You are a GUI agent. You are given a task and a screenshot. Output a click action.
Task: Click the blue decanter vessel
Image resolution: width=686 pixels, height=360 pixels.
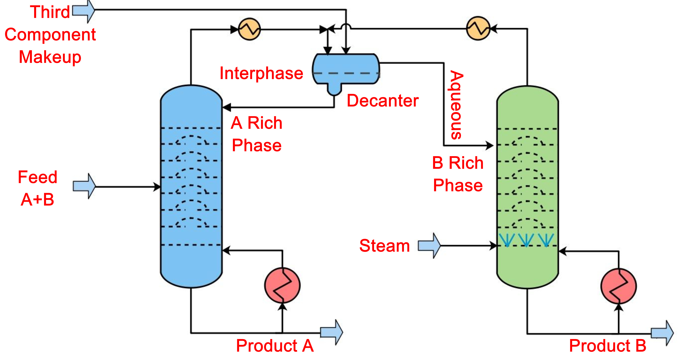click(x=346, y=67)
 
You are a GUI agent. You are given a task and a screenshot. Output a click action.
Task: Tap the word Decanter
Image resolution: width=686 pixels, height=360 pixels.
click(x=382, y=101)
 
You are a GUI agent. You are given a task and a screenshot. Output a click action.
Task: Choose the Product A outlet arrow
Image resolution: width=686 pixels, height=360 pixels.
click(x=331, y=332)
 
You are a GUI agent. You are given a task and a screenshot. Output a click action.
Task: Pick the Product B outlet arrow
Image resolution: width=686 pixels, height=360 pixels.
click(x=662, y=333)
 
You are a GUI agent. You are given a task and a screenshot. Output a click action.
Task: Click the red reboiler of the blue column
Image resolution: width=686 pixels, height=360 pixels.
click(x=282, y=285)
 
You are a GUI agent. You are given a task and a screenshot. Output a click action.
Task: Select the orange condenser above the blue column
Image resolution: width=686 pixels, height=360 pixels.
click(x=249, y=29)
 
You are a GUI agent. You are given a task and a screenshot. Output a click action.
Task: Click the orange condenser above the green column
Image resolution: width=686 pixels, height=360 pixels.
click(x=478, y=28)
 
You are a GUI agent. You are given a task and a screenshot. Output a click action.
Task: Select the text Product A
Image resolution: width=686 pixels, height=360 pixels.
click(x=275, y=346)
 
